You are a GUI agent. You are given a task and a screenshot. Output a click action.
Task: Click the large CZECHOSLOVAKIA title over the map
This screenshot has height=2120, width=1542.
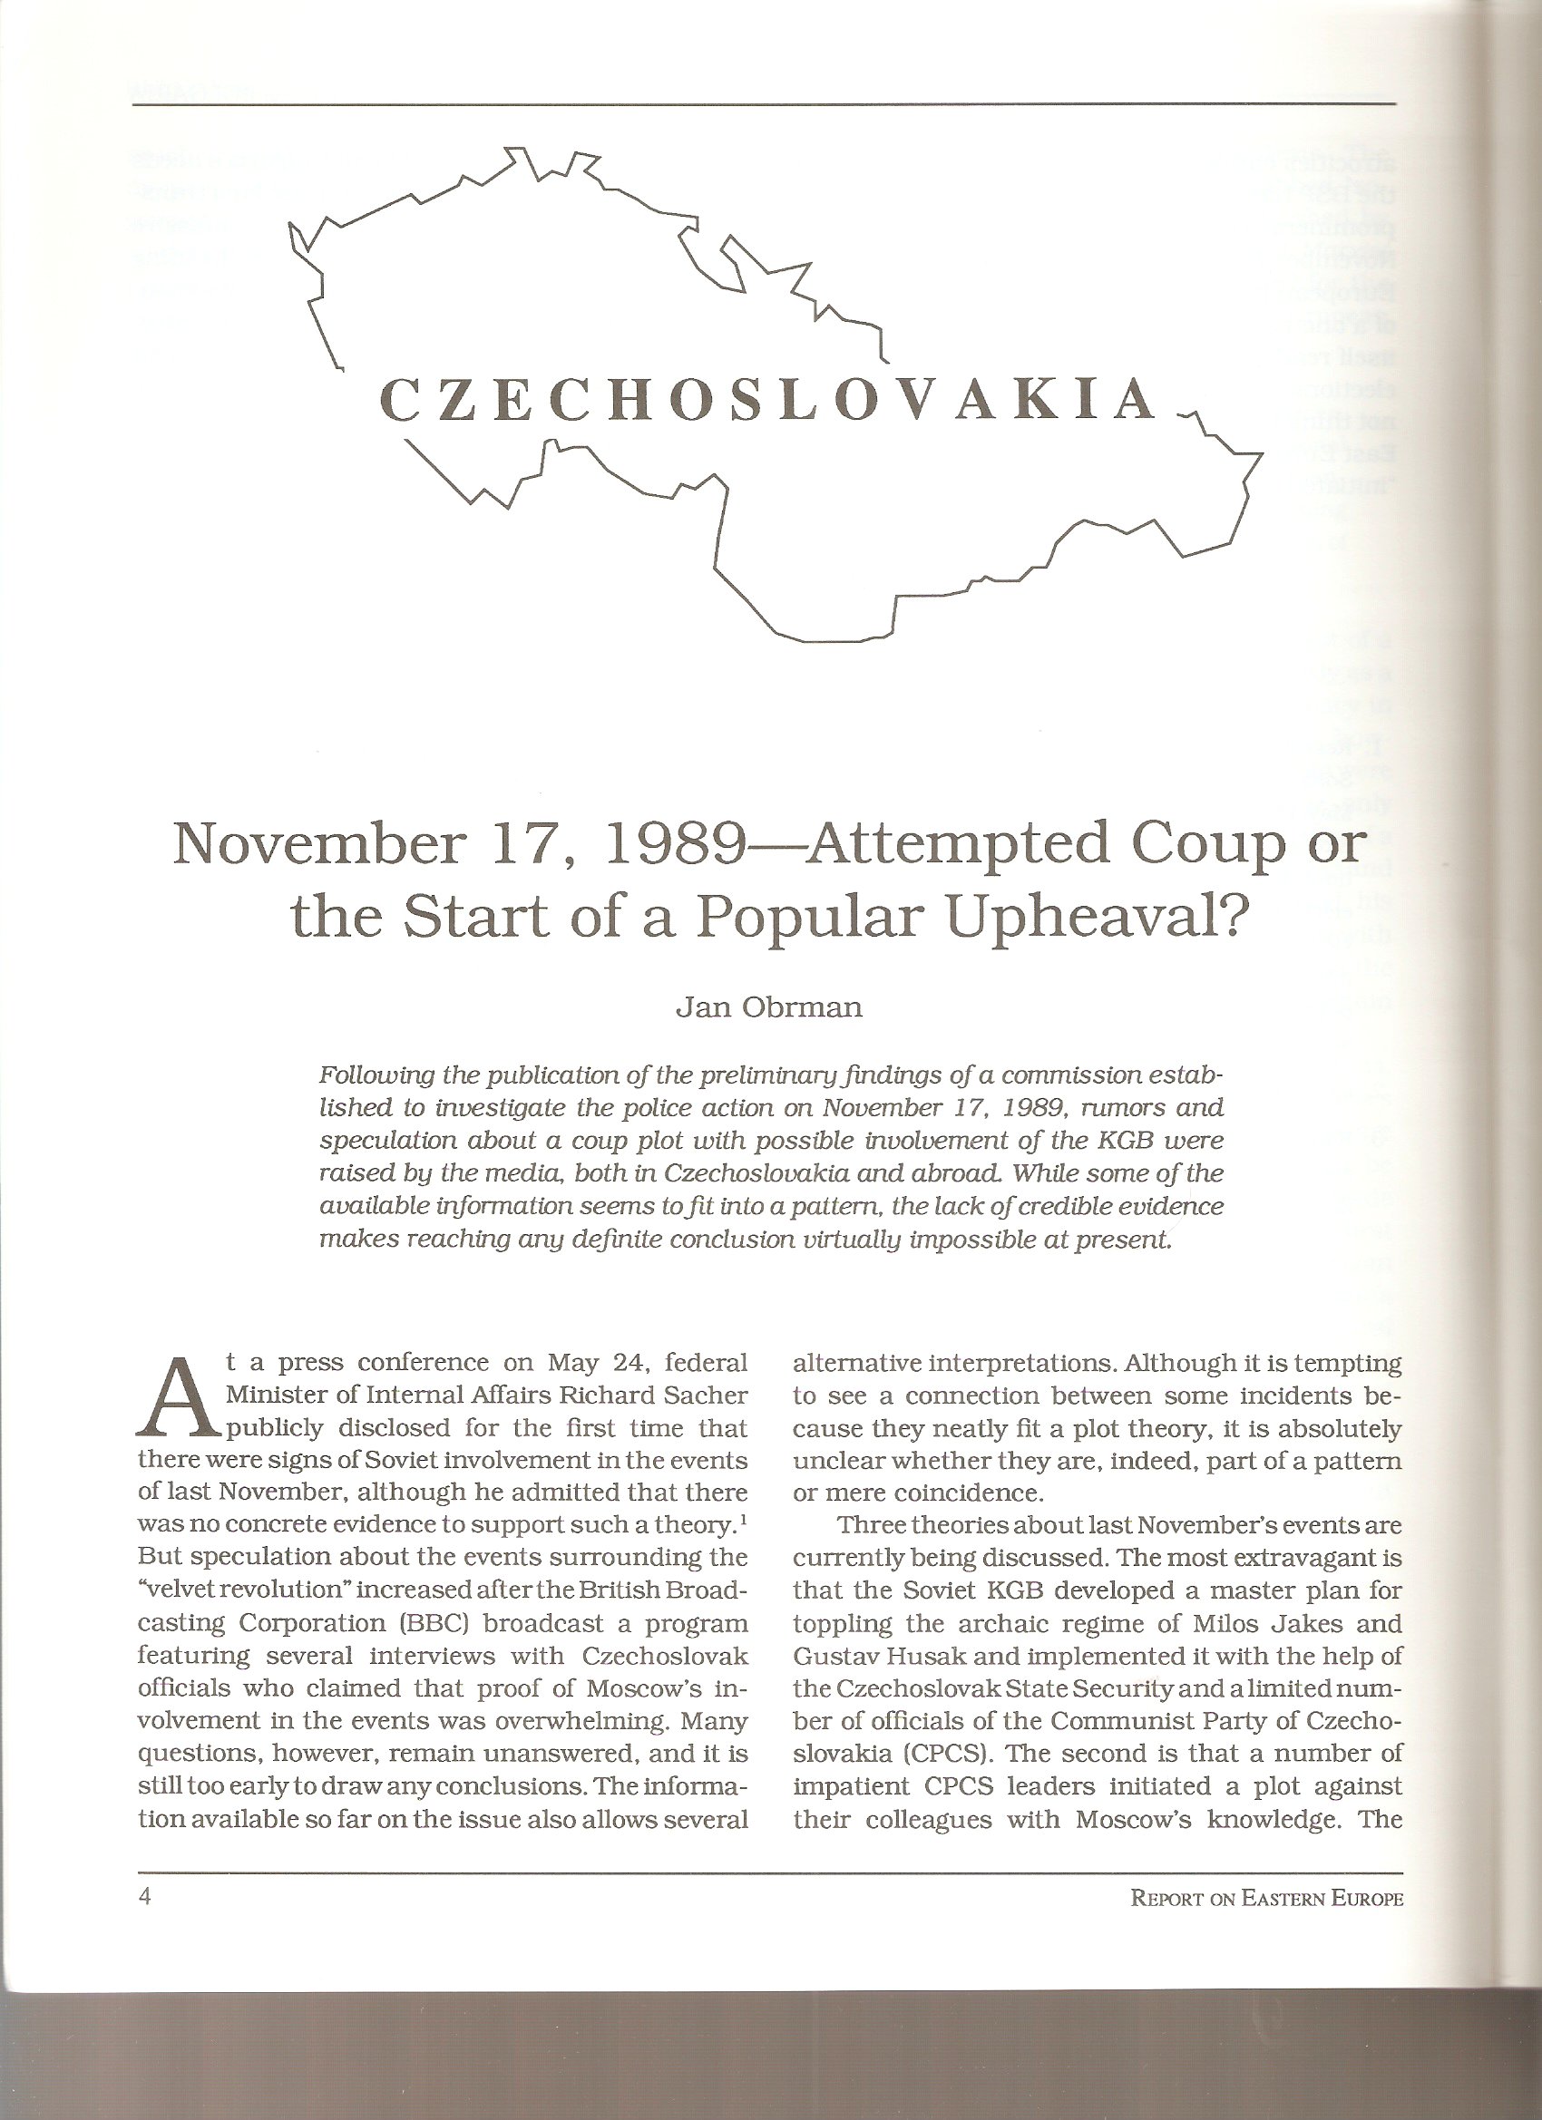pos(768,400)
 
